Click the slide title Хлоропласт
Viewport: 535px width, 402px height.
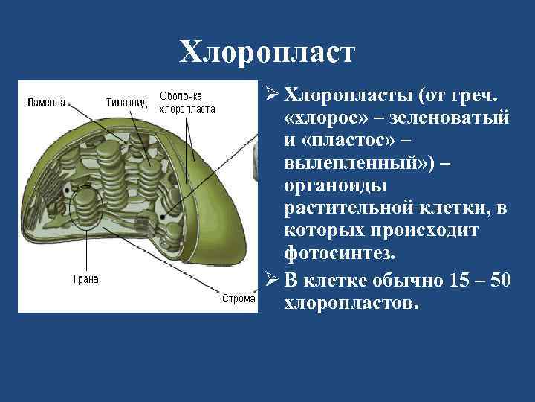[x=267, y=52]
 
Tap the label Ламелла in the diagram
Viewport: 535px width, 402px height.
[x=47, y=100]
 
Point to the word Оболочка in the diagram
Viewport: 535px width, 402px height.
[x=181, y=96]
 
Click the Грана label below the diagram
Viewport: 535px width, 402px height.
[x=85, y=279]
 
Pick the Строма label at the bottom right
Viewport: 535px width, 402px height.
[x=239, y=299]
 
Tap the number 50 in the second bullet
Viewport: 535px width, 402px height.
[x=500, y=281]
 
